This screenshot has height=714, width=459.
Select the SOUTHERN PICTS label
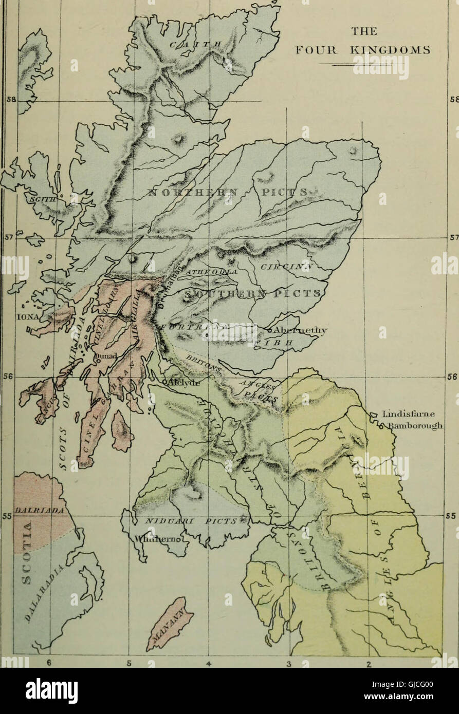(x=252, y=294)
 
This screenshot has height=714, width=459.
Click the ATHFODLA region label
(x=211, y=271)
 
